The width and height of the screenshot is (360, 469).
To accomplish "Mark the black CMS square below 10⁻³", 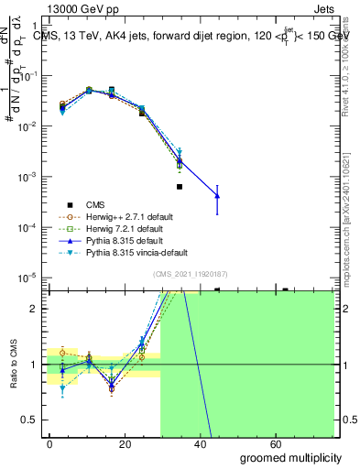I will tap(180, 187).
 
